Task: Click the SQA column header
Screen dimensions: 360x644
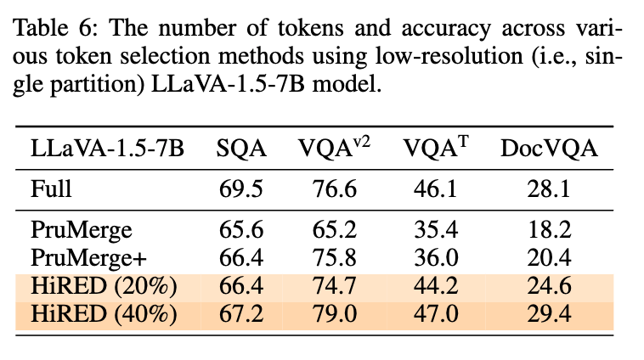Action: (241, 149)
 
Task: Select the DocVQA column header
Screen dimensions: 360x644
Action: (547, 149)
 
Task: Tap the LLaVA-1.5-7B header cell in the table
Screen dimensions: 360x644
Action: (106, 149)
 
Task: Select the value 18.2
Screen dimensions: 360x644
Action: (547, 228)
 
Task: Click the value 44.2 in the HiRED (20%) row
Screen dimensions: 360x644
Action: (435, 284)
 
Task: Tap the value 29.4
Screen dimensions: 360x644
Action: (547, 313)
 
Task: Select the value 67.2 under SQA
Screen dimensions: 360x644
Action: (241, 313)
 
